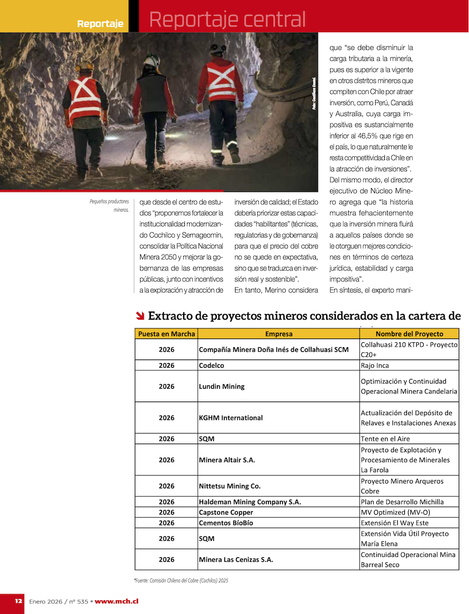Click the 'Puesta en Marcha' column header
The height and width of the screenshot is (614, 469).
166,334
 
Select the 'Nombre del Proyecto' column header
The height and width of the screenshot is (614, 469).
409,334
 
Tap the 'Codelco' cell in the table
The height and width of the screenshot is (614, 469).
211,365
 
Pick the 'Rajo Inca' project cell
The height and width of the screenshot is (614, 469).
375,365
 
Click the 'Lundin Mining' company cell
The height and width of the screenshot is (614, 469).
222,387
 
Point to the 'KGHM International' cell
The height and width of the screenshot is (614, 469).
231,418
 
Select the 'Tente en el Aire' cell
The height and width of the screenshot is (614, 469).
385,439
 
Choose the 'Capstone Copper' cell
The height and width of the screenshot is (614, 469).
226,512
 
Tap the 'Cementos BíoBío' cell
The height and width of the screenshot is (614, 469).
226,523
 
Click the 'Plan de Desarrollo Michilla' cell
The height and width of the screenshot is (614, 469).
402,502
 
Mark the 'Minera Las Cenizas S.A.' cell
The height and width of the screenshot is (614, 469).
236,560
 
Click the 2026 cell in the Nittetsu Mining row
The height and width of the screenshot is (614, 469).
167,486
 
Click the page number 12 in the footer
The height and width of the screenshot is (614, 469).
18,601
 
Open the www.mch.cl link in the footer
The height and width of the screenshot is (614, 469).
116,601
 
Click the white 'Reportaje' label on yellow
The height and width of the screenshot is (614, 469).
100,24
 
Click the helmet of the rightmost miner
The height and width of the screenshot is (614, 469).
218,49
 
